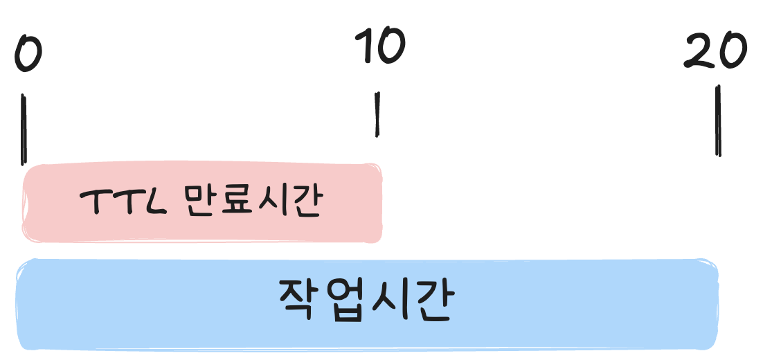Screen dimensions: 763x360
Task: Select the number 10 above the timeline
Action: tap(379, 47)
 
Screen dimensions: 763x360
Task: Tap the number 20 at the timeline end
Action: tap(715, 51)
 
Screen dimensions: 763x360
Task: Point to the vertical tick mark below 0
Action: tap(24, 129)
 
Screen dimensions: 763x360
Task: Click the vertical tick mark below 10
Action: tap(377, 115)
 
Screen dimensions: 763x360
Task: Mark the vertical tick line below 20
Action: tap(719, 121)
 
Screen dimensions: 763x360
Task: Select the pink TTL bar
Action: tap(202, 203)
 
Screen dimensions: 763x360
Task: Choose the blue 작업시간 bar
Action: tap(367, 305)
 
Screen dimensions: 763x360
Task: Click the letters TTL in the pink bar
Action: tap(123, 204)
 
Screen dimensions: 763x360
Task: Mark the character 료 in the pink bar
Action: tap(232, 203)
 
